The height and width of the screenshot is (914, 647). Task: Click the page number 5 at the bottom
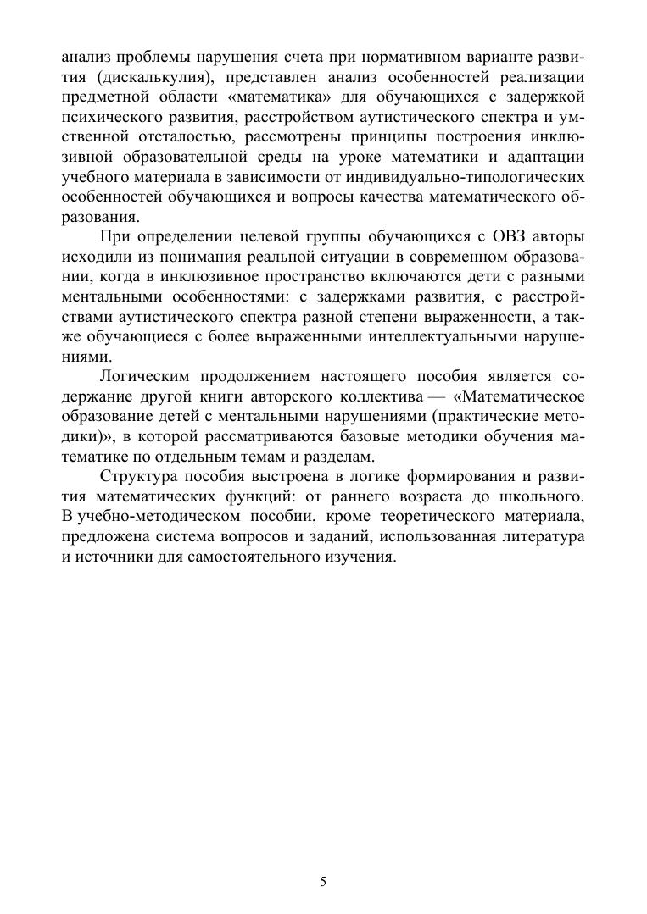323,882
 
